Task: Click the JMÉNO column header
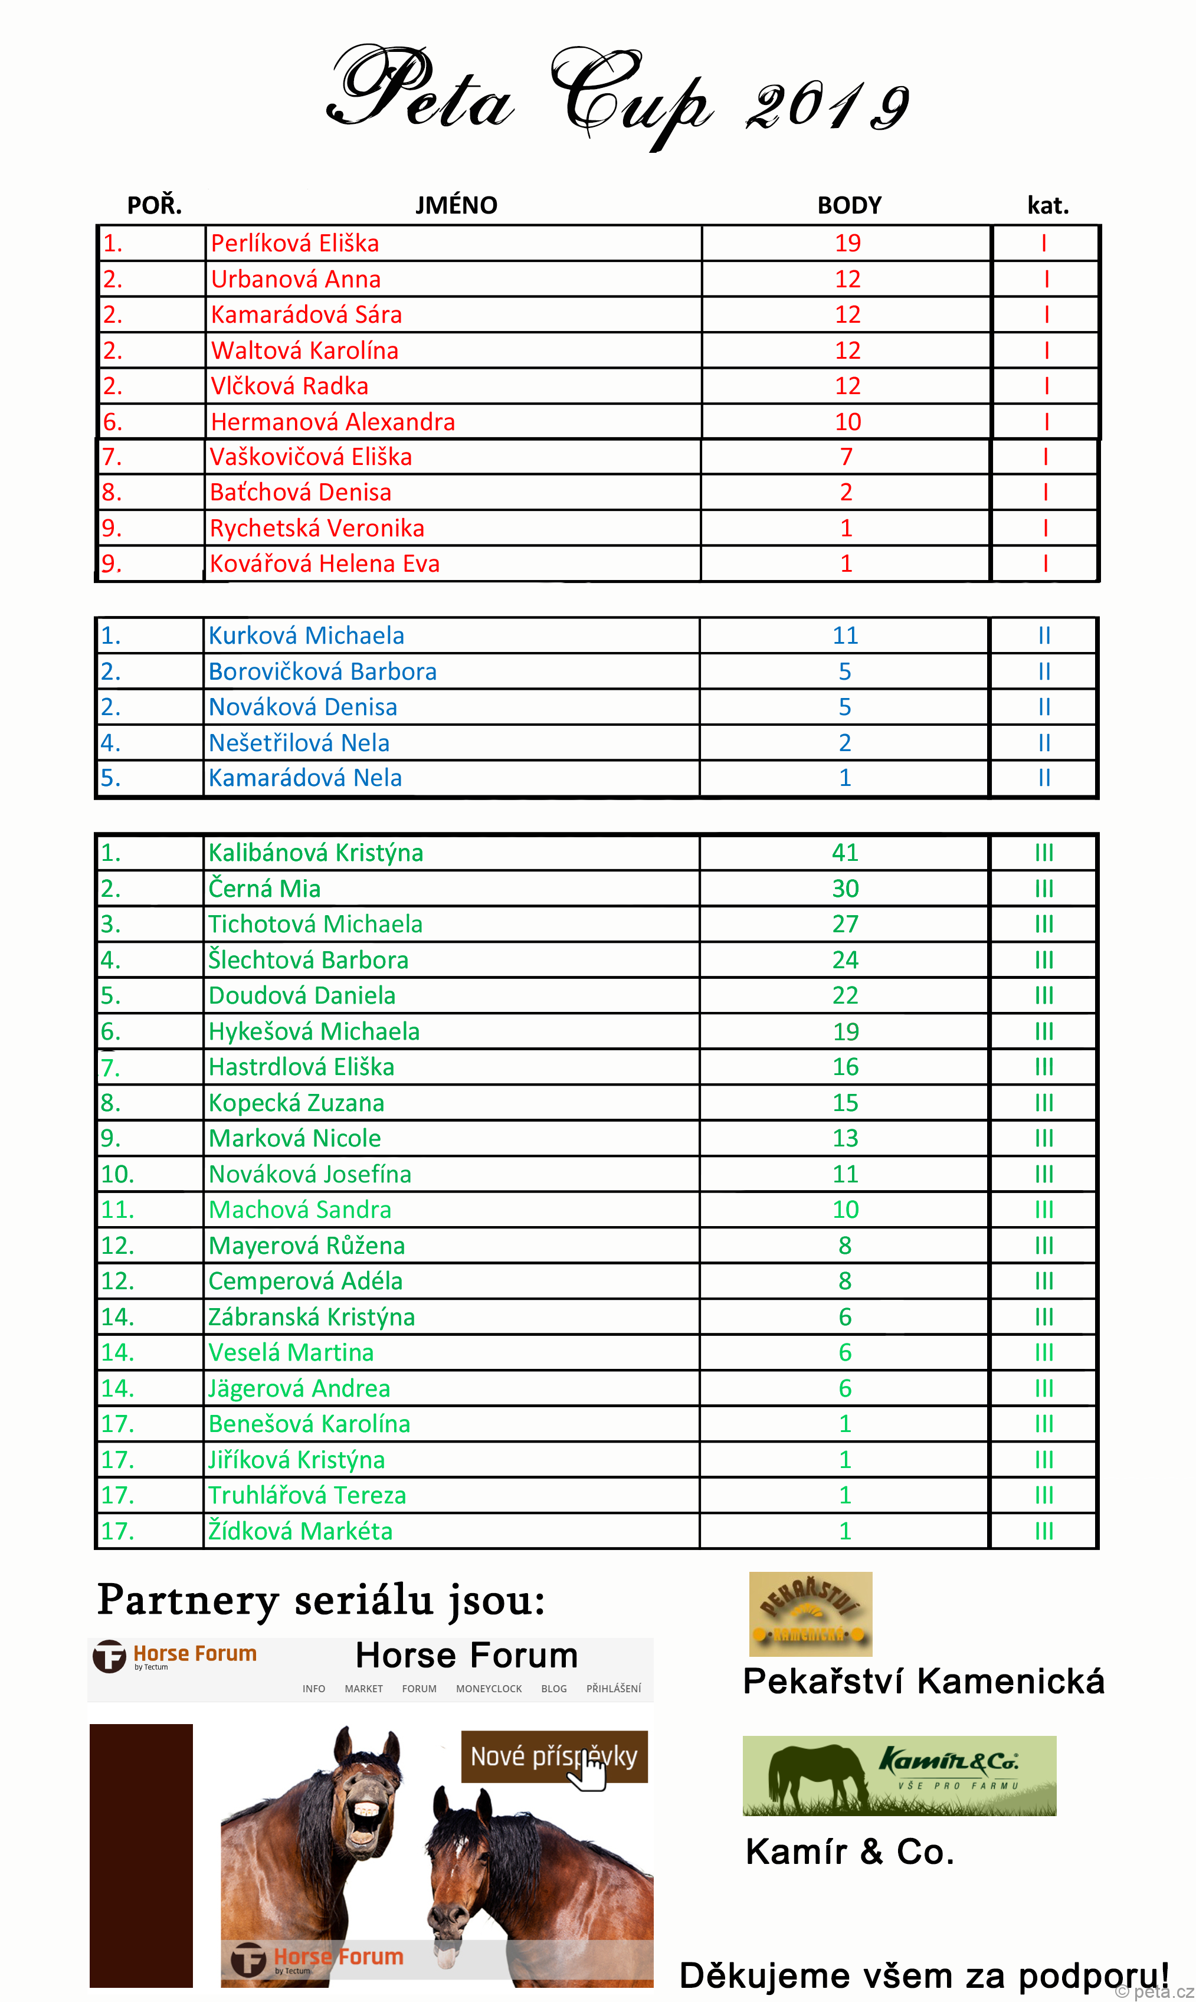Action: click(456, 205)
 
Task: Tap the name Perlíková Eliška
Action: click(294, 244)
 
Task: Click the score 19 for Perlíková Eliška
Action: click(847, 244)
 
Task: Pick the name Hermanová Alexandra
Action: click(332, 421)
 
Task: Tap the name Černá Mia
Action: click(264, 888)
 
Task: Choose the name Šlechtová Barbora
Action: click(308, 960)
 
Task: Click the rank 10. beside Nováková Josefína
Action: click(117, 1174)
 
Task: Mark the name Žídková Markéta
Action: click(300, 1531)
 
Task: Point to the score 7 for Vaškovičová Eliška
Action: click(846, 457)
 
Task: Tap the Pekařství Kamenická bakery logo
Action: click(810, 1614)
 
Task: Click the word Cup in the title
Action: click(633, 97)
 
